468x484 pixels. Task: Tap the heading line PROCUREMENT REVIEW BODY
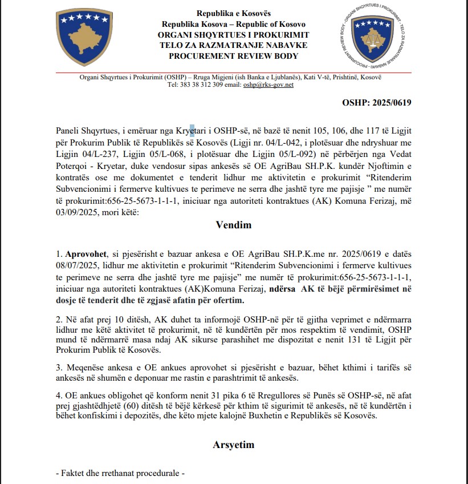pyautogui.click(x=234, y=56)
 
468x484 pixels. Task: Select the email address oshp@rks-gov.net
pyautogui.click(x=268, y=84)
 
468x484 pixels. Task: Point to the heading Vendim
pyautogui.click(x=234, y=224)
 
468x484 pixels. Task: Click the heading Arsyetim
pyautogui.click(x=234, y=444)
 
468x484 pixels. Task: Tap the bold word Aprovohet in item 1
pyautogui.click(x=84, y=252)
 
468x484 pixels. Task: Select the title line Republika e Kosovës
pyautogui.click(x=234, y=13)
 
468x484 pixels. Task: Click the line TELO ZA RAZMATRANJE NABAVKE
pyautogui.click(x=234, y=45)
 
